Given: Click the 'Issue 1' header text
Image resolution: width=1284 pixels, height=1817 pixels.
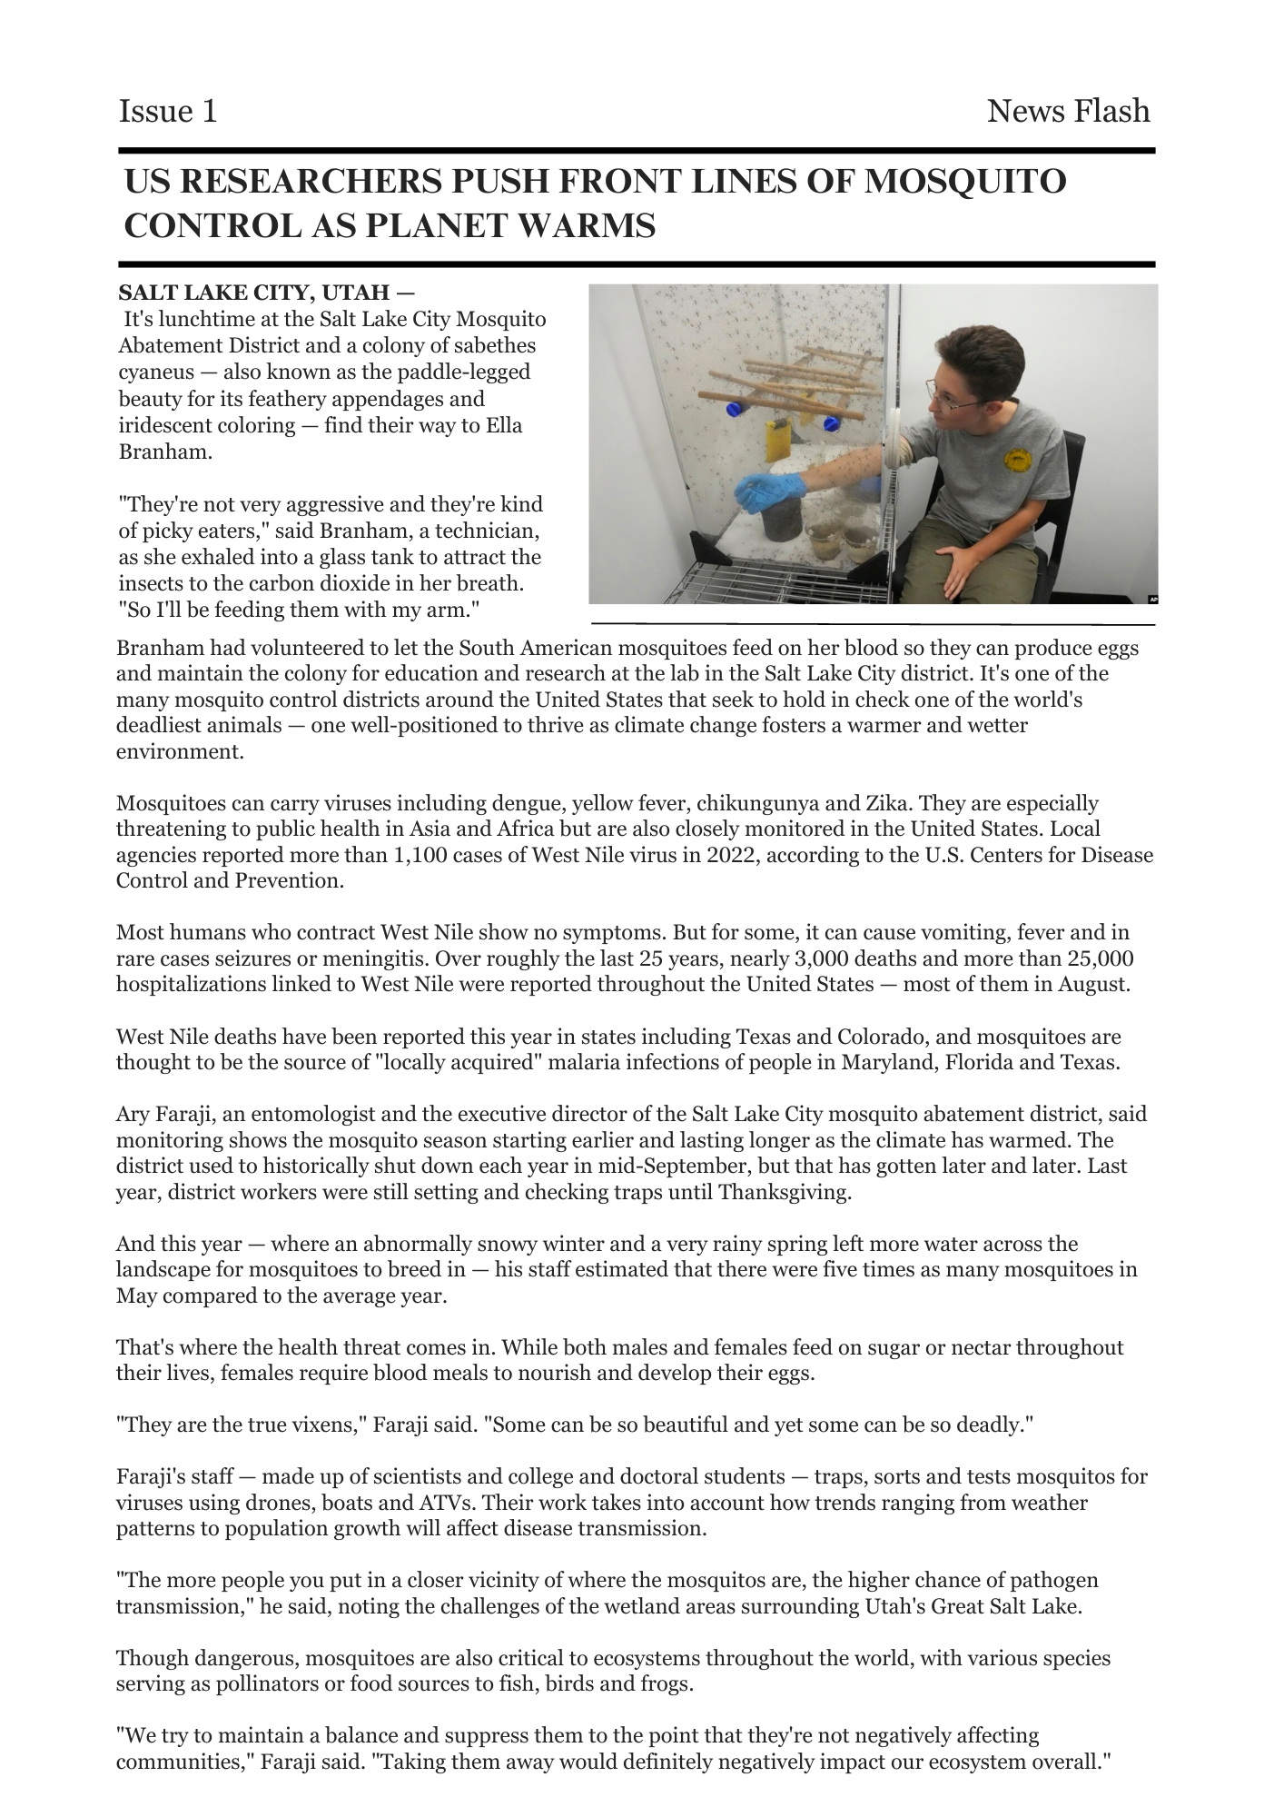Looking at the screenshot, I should pos(168,112).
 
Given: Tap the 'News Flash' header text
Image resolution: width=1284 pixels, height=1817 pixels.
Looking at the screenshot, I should pos(1068,112).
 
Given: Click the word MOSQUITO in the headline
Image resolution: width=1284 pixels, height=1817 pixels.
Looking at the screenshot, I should pos(964,182).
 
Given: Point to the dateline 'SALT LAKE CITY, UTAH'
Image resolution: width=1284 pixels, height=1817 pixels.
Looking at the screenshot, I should pos(255,293).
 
